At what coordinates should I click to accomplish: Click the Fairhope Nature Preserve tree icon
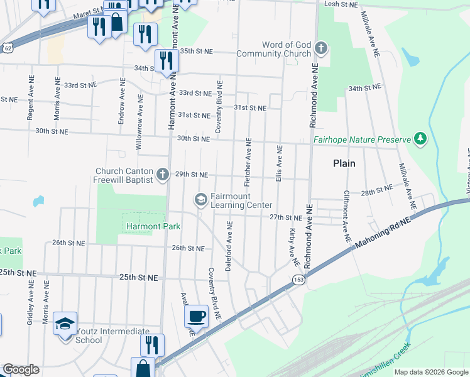click(420, 138)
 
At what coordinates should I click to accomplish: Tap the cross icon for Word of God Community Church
click(321, 48)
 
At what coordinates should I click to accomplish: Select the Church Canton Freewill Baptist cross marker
click(163, 174)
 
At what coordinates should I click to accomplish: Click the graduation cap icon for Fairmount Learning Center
click(200, 200)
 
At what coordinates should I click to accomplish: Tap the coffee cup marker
click(196, 315)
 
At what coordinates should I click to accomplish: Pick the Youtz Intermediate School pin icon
click(65, 324)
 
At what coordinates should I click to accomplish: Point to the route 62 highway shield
click(6, 47)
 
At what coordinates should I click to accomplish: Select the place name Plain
click(344, 163)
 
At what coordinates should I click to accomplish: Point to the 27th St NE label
click(286, 217)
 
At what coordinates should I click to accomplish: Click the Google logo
click(21, 369)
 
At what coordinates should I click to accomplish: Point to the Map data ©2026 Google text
click(430, 372)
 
